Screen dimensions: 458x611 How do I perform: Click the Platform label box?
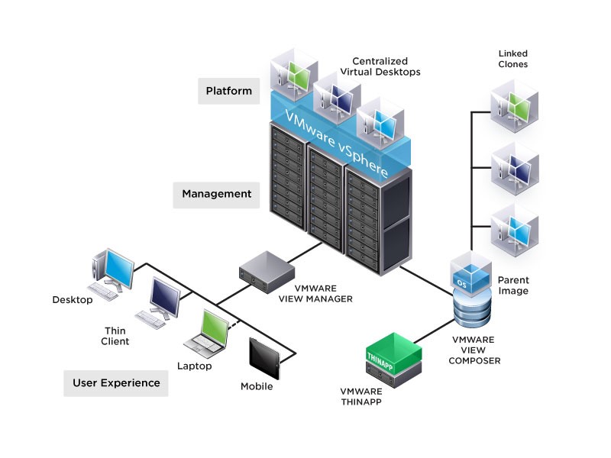tap(228, 91)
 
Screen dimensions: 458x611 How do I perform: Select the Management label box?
tap(216, 194)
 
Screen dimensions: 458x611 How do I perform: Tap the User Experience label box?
tap(116, 382)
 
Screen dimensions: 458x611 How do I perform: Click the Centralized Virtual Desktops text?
tap(386, 66)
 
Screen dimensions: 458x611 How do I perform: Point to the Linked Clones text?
tap(512, 59)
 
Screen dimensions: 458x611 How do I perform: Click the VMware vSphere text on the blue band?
tap(341, 142)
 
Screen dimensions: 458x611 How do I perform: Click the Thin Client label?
tap(116, 336)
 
